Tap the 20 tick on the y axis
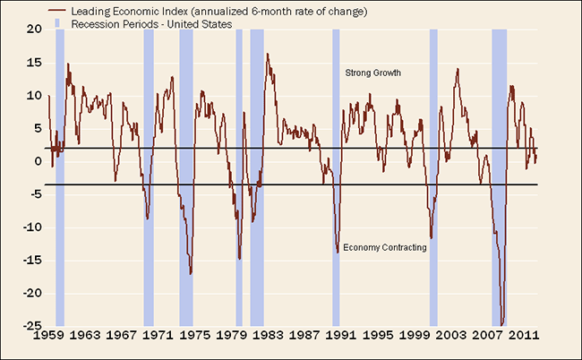[x=36, y=30]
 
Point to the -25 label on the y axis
[x=32, y=325]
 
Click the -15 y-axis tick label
[x=32, y=260]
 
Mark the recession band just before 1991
[x=336, y=179]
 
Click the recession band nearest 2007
[x=500, y=179]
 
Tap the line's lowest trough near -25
[x=502, y=324]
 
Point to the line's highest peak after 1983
[x=267, y=55]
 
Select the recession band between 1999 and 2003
[x=433, y=179]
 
